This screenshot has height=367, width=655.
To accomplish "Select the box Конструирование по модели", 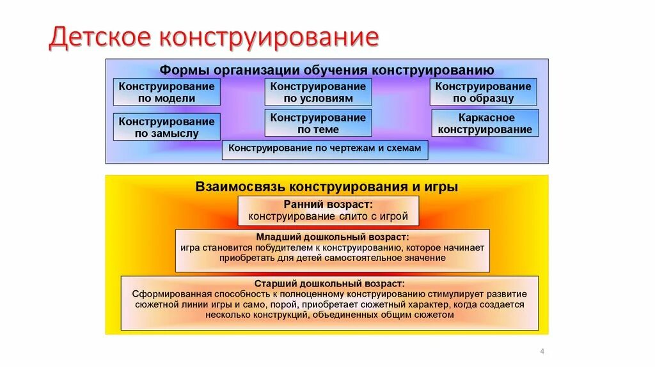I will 166,92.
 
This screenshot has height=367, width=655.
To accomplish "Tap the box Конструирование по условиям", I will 318,92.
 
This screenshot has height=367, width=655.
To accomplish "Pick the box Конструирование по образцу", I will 483,92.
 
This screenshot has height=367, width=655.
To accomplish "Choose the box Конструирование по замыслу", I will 166,127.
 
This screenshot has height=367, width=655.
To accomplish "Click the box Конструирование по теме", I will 318,123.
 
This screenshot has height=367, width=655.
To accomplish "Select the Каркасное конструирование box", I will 485,123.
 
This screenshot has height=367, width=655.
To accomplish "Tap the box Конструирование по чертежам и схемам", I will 325,149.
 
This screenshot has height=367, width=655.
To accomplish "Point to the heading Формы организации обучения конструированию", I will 327,70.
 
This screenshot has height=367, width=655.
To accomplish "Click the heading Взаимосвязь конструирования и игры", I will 327,187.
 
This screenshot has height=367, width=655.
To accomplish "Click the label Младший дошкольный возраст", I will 332,237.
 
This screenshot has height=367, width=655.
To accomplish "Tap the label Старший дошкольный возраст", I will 329,283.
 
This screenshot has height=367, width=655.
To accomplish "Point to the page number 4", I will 542,352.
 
